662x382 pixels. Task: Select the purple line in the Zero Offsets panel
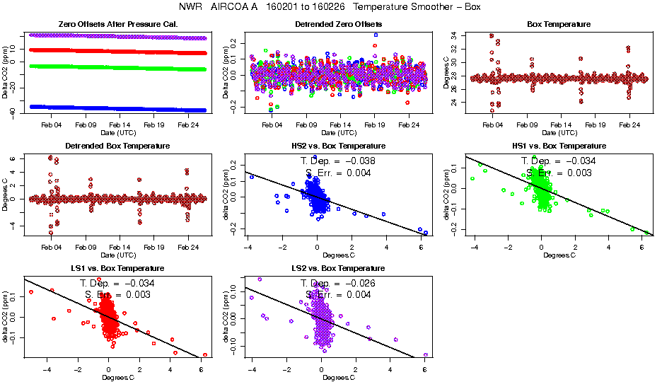pyautogui.click(x=113, y=36)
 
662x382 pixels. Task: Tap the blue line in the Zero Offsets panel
pyautogui.click(x=113, y=108)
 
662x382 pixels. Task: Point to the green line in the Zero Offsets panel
pyautogui.click(x=113, y=68)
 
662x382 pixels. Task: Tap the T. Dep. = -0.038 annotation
pyautogui.click(x=338, y=161)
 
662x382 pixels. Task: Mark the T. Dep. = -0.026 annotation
pyautogui.click(x=338, y=282)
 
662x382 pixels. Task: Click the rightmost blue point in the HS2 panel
pyautogui.click(x=426, y=232)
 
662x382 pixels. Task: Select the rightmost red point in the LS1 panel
pyautogui.click(x=205, y=354)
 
